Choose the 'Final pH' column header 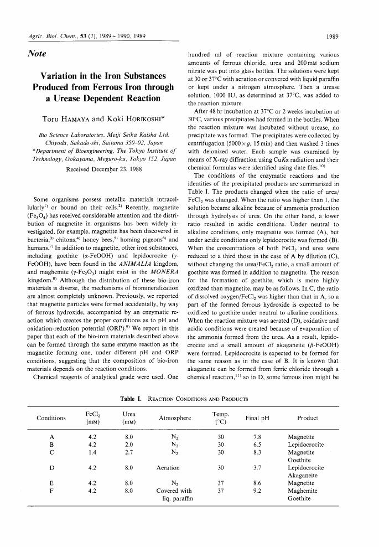tap(257, 419)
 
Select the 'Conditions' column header tap(51, 419)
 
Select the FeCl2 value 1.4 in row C tap(93, 452)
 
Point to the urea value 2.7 tap(129, 452)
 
